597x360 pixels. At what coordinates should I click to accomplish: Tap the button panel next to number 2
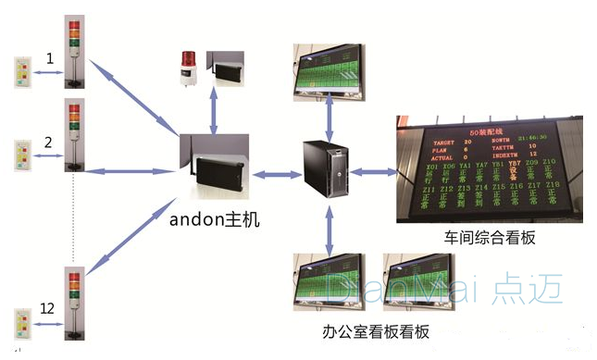[x=22, y=157]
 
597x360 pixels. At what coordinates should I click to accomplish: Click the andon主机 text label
[x=216, y=219]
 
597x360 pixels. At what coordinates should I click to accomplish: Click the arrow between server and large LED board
[x=374, y=170]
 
